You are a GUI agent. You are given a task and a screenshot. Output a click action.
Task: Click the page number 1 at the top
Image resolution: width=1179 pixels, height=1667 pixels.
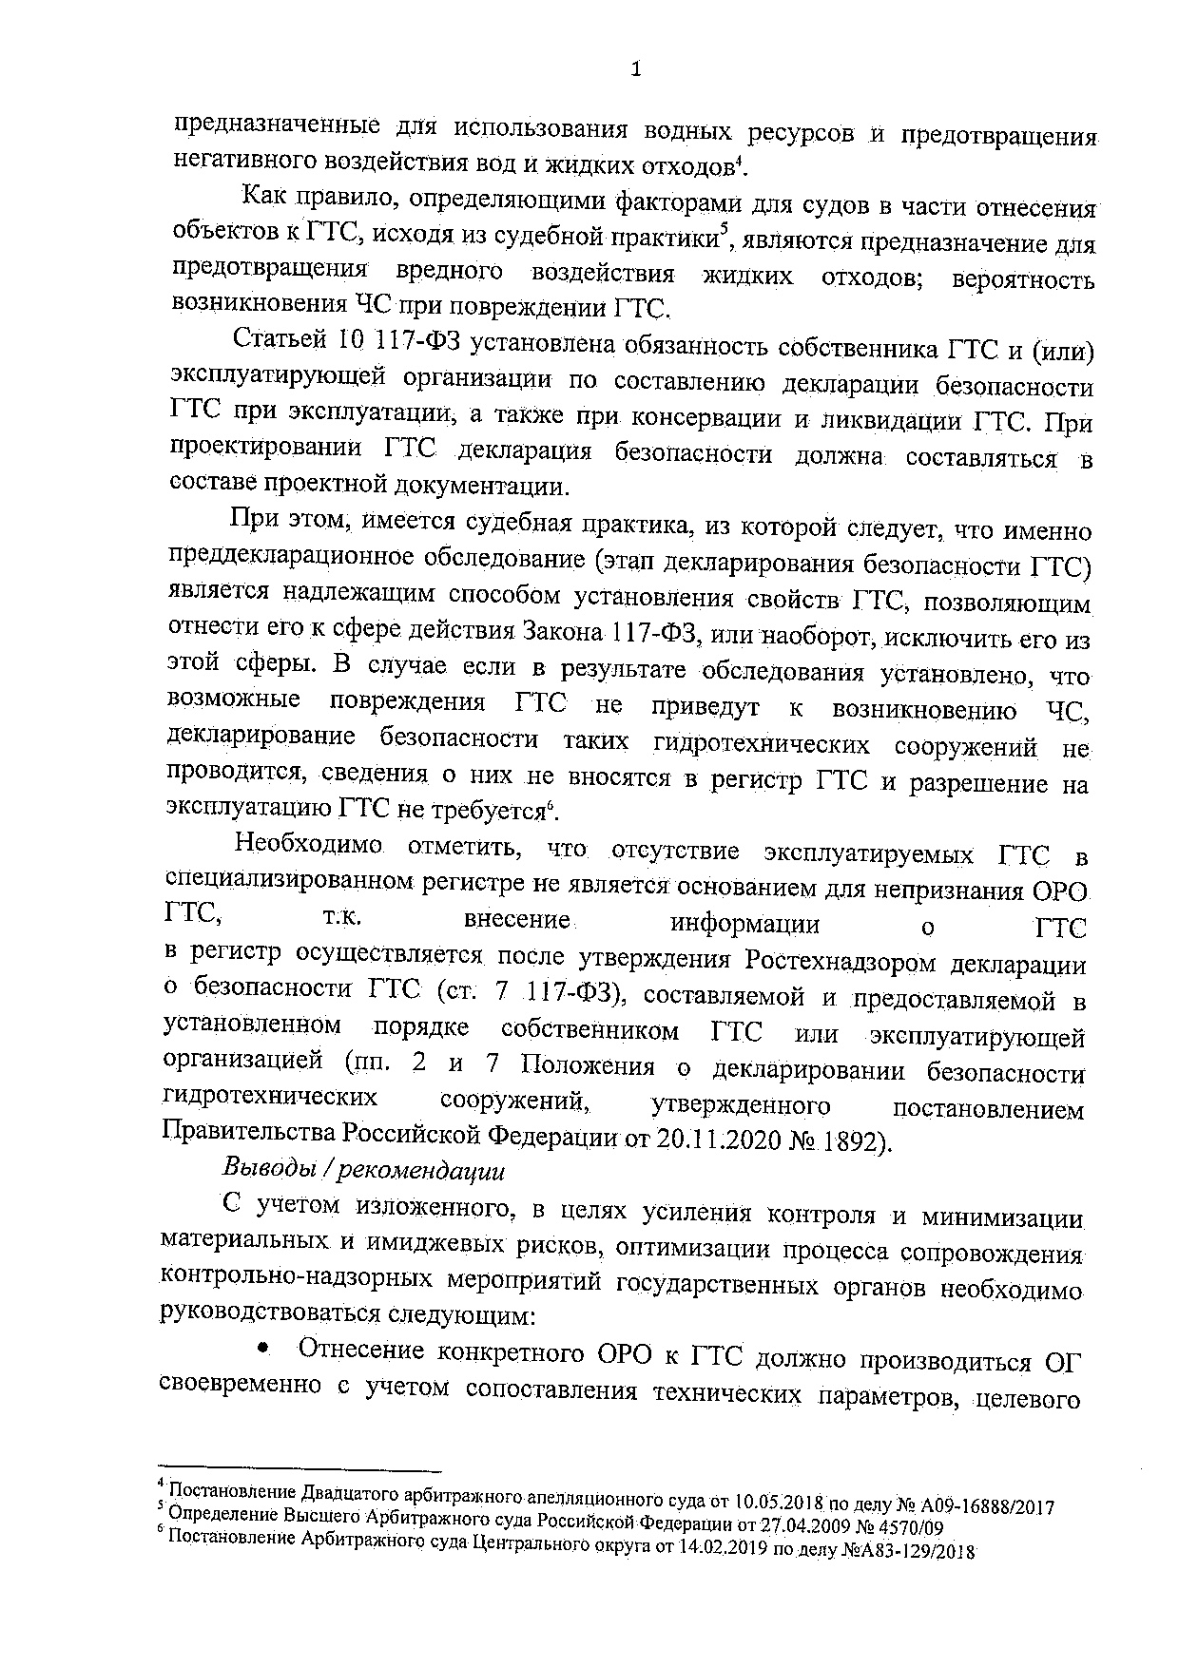637,69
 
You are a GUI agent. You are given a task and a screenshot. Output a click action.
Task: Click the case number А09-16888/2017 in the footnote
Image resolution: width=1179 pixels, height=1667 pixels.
989,1505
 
